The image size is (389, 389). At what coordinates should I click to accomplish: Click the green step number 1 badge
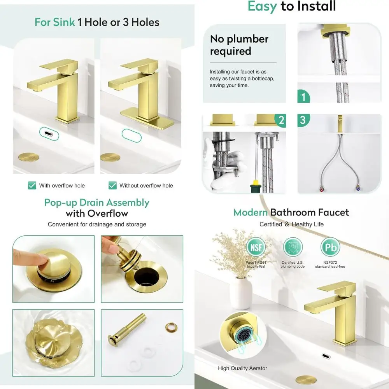304,96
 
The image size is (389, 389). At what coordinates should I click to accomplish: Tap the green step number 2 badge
279,120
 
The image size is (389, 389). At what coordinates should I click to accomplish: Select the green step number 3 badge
303,120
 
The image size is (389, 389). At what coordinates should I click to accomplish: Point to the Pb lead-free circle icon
330,247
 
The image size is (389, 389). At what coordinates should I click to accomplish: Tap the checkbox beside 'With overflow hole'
32,186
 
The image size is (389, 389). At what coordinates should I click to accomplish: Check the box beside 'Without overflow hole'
112,186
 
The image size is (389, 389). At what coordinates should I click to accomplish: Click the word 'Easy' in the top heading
262,6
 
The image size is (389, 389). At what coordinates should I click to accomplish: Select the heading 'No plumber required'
239,45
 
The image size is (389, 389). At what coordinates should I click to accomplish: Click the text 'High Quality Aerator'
242,368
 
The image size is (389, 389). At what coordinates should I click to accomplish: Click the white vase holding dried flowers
241,292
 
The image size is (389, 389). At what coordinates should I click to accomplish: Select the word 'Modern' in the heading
250,212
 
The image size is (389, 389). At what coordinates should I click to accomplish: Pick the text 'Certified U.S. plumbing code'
293,265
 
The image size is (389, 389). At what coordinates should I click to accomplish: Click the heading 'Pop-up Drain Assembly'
96,203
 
